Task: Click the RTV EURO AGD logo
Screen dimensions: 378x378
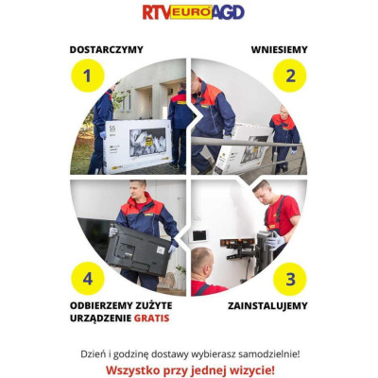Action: coord(194,12)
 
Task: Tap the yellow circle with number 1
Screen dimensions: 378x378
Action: coord(88,76)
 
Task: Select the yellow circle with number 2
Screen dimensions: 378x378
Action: coord(290,76)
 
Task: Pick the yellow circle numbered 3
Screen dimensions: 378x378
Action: coord(290,279)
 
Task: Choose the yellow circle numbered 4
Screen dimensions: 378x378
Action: coord(88,279)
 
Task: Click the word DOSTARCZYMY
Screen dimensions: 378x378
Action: coord(107,50)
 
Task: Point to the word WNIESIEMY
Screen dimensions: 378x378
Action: coord(280,50)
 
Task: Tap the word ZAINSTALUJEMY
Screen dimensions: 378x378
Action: coord(267,306)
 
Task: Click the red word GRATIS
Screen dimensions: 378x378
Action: coord(152,318)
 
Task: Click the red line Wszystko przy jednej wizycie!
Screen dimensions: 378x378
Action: coord(190,369)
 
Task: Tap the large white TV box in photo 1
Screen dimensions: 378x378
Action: coord(137,146)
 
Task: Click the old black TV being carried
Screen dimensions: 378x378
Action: coord(139,250)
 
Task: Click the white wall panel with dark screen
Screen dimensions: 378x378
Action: coord(199,235)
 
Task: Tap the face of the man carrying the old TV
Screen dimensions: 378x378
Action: coord(139,192)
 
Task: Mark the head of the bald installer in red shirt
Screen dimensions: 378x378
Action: coord(202,260)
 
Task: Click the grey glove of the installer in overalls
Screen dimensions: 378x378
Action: coord(276,242)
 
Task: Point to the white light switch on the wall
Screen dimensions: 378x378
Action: coord(198,216)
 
